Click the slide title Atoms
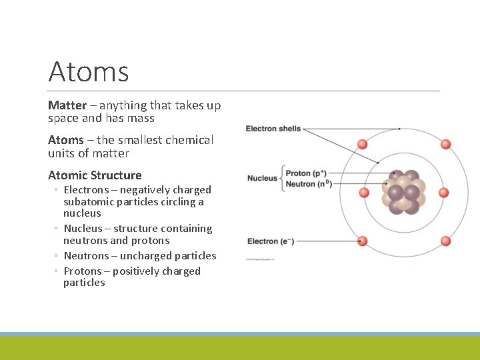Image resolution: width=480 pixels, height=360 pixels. click(x=89, y=71)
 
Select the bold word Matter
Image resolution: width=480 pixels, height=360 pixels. click(x=67, y=105)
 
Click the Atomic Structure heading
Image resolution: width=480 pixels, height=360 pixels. click(x=95, y=175)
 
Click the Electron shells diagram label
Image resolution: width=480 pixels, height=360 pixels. click(x=273, y=129)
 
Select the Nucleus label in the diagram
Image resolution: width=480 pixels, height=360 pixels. click(x=262, y=178)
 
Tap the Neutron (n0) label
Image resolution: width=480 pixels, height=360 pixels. click(x=309, y=184)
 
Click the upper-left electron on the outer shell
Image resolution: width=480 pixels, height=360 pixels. click(x=363, y=144)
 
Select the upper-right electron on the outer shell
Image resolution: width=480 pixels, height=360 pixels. click(x=445, y=144)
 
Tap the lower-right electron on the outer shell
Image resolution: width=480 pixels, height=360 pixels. click(x=445, y=241)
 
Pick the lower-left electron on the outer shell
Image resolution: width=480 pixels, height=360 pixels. click(x=363, y=241)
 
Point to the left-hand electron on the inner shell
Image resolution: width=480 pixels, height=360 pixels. click(x=364, y=193)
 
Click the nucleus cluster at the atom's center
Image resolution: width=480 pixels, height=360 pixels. click(x=404, y=192)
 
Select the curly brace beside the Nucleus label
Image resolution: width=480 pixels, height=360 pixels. click(x=283, y=178)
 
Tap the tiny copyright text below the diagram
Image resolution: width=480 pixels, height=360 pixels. click(x=261, y=259)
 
